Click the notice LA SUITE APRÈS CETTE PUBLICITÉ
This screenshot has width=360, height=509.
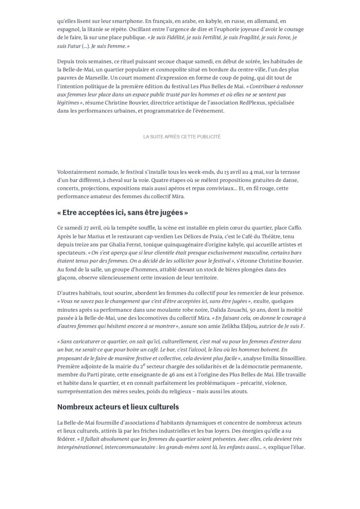tap(181, 136)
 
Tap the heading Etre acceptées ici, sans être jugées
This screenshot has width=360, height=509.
tap(123, 212)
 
